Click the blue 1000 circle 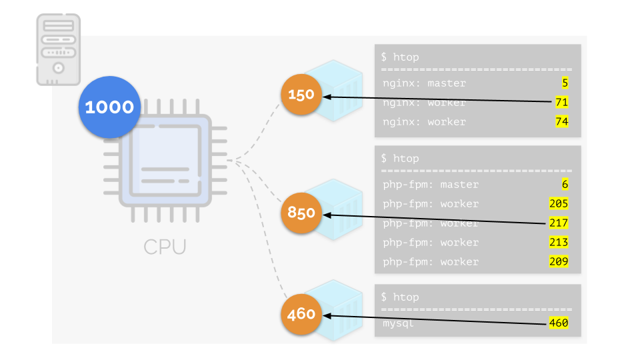coord(110,107)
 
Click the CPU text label coord(165,247)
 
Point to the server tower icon coord(58,50)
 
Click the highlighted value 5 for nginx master coord(564,83)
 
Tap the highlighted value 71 coord(561,103)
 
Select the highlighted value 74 coord(561,122)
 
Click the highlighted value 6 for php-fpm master coord(564,185)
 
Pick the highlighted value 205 coord(559,204)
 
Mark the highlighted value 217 coord(559,223)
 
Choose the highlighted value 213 coord(559,243)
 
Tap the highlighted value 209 coord(559,262)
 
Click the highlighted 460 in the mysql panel coord(559,323)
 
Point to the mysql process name coord(399,323)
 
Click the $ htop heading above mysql coord(400,297)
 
